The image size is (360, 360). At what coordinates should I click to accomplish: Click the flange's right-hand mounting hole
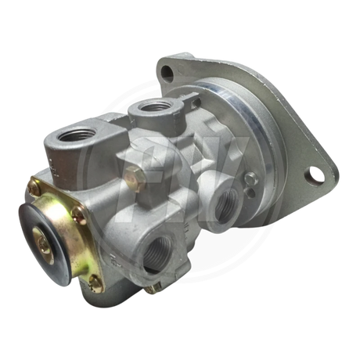click(x=317, y=171)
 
